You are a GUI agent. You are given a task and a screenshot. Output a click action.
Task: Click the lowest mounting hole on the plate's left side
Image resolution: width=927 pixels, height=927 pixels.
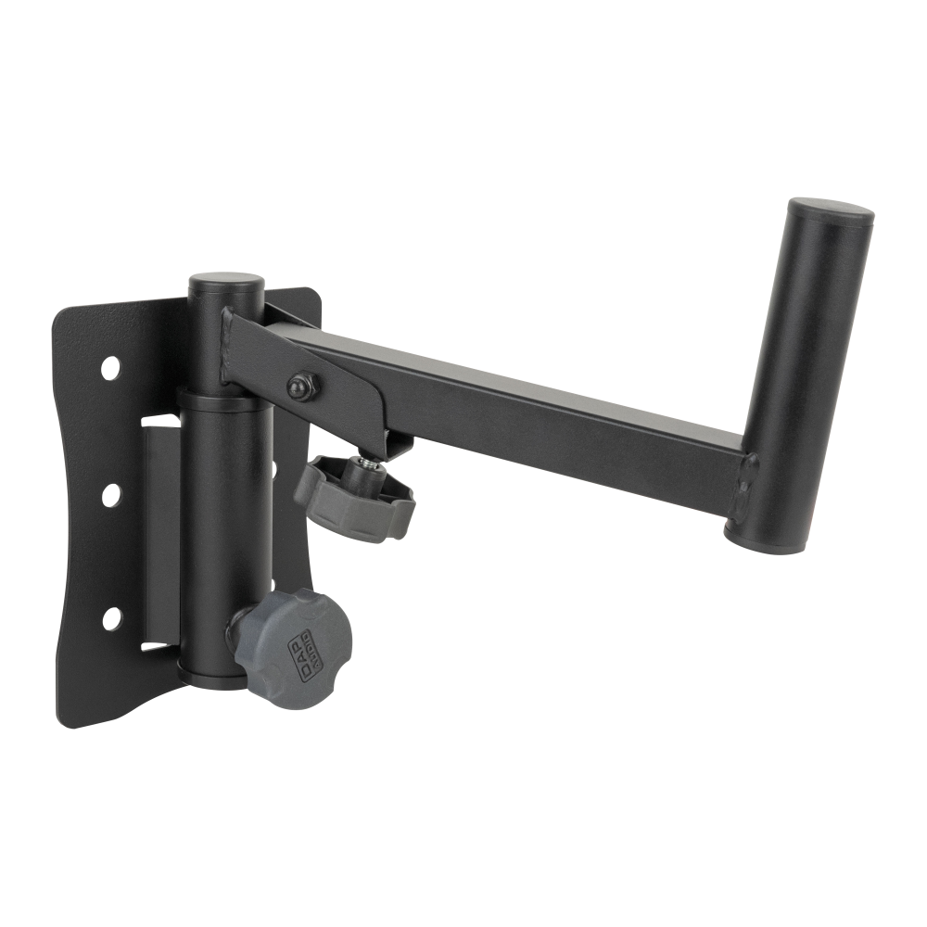[112, 616]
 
